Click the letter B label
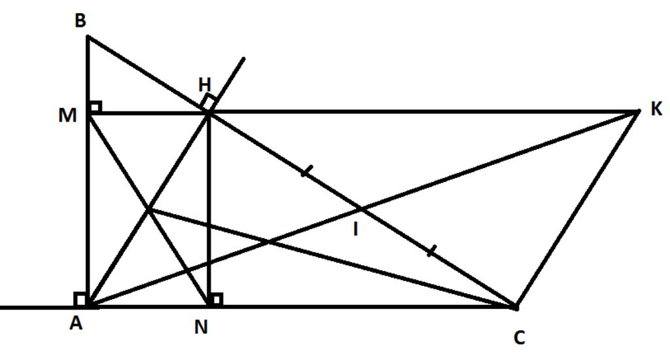[80, 22]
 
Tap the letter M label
[68, 116]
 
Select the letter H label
[205, 84]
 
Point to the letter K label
[656, 109]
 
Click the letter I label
[355, 230]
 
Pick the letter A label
[76, 325]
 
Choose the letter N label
[201, 327]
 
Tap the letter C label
[519, 337]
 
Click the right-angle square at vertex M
[95, 107]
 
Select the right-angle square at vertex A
[82, 300]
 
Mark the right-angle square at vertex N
[216, 300]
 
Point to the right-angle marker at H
[209, 101]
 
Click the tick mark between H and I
[306, 172]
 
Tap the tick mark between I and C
[430, 251]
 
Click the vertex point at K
[638, 112]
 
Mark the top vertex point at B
[88, 37]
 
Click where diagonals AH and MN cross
[149, 209]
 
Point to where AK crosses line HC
[361, 209]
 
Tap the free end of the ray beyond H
[244, 58]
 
